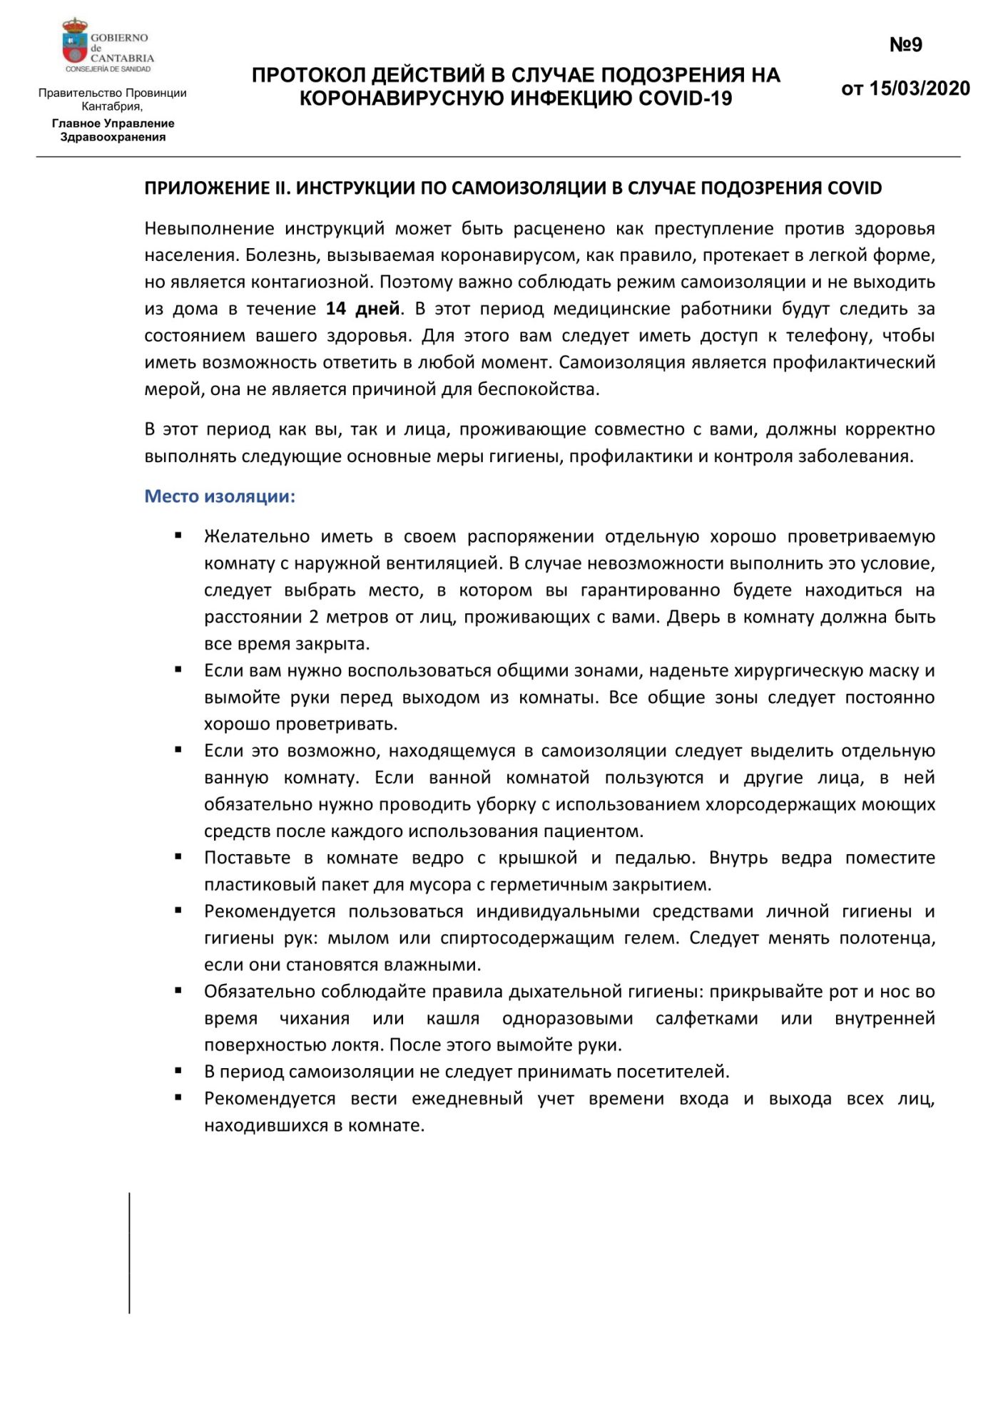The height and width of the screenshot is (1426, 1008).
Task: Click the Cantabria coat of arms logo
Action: (74, 43)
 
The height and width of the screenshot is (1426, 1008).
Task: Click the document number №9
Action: (905, 45)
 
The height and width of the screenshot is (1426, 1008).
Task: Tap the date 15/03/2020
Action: (920, 88)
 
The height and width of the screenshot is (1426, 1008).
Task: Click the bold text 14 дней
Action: (362, 309)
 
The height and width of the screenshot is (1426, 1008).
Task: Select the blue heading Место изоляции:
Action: (220, 496)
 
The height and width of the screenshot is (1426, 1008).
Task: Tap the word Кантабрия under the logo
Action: (111, 106)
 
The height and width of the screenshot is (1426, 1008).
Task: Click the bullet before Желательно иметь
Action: (178, 535)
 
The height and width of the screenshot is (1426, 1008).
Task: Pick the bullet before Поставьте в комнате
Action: (178, 857)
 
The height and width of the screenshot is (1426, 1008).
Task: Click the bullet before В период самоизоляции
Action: (178, 1071)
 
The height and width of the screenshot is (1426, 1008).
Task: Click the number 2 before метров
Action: (314, 617)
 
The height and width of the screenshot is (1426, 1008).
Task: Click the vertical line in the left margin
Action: (129, 1253)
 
